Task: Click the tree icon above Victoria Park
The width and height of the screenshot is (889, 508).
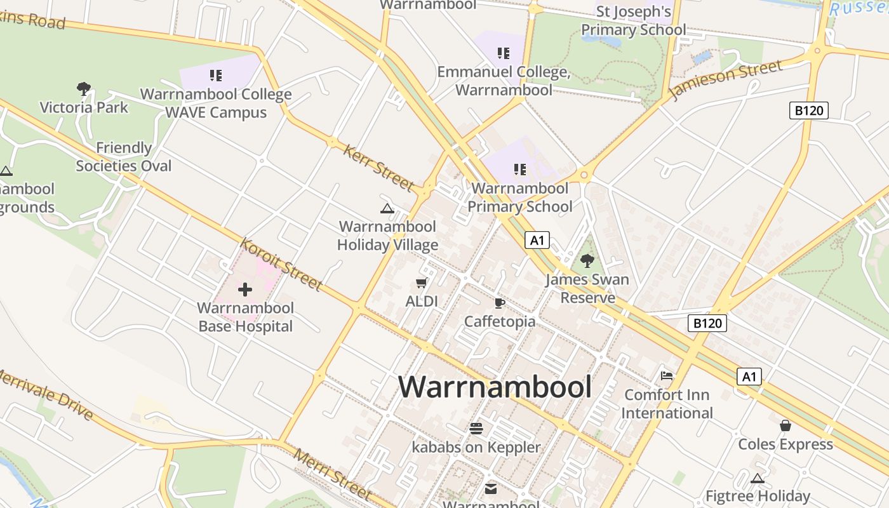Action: (83, 88)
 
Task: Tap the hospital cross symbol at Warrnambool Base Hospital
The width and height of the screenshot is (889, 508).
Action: (245, 290)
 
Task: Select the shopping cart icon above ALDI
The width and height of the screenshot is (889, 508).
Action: (421, 283)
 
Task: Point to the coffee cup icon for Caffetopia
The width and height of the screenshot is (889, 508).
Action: (499, 303)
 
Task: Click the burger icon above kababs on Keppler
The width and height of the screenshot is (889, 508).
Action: (476, 429)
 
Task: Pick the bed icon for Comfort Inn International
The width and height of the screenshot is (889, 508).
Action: (667, 376)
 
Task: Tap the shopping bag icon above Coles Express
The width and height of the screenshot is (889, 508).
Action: (785, 425)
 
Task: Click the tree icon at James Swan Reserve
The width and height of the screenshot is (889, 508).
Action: (587, 260)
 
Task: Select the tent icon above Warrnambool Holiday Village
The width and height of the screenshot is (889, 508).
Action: (387, 208)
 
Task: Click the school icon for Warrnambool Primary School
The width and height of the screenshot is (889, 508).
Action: (520, 170)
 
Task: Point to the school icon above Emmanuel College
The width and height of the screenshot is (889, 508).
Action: (504, 53)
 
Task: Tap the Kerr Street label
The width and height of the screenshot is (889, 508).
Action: (378, 168)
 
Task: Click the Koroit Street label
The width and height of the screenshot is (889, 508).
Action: (281, 264)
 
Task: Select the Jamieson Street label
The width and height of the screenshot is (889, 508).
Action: (726, 81)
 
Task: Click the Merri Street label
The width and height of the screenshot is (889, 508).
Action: (332, 474)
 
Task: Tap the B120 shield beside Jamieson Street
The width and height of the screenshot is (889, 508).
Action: (809, 110)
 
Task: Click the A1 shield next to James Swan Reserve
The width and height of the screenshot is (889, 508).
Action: (537, 240)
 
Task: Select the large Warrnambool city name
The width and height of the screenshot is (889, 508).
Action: (495, 387)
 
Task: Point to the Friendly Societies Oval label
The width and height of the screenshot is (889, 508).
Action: (124, 157)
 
